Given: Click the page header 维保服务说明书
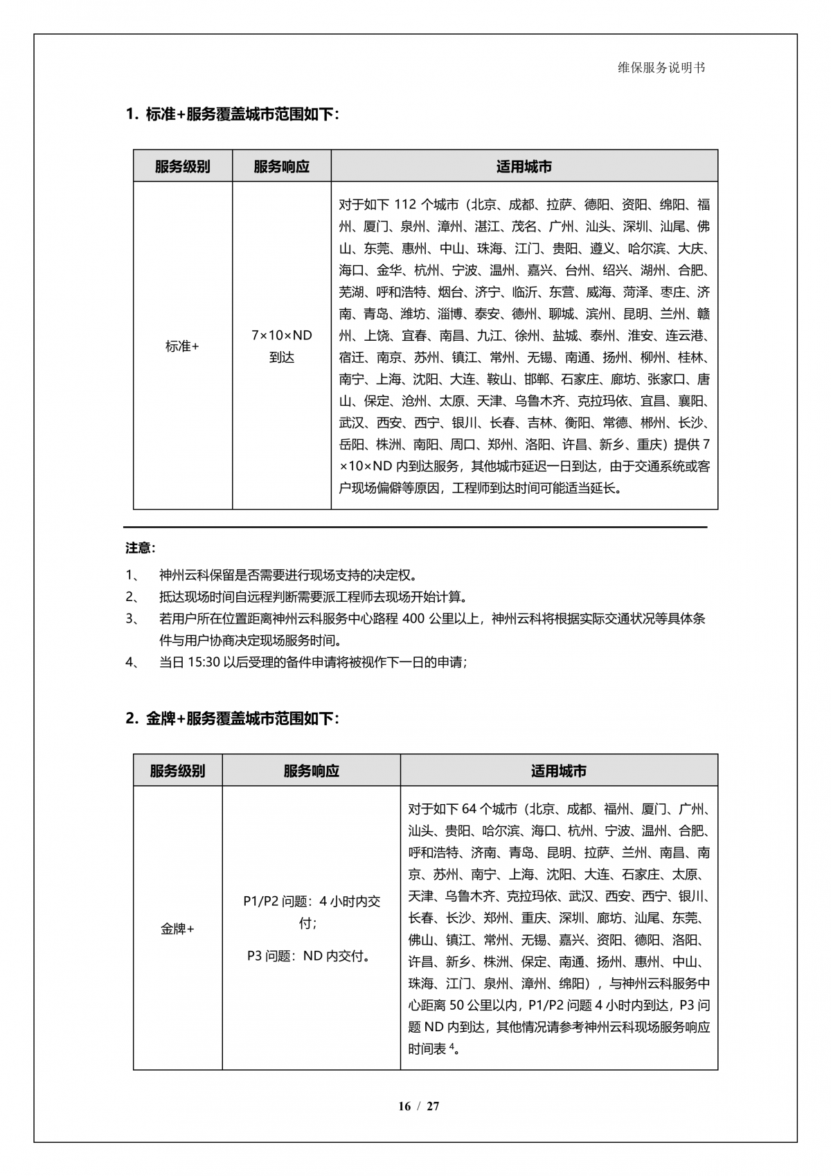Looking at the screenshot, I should tap(661, 68).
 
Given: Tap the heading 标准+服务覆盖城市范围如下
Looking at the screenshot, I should tap(233, 114).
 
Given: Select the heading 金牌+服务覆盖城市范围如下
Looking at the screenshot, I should tap(233, 718).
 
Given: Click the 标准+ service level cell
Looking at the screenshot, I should tap(182, 346).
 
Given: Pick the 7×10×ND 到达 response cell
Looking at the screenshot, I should tap(281, 346).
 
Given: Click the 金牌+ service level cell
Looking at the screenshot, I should tap(177, 929).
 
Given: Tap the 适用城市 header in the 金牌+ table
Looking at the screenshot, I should tap(558, 771).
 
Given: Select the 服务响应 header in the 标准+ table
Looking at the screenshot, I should tap(281, 166).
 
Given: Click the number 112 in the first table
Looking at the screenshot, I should tap(404, 205).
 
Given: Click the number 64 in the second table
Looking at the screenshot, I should tap(469, 809).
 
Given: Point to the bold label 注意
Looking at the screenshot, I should tap(141, 548).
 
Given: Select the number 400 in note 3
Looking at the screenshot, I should tap(413, 618).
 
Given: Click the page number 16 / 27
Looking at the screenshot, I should tap(418, 1106).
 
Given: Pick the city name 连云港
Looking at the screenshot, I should tap(688, 336).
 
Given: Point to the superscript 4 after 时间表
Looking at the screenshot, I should tap(452, 1046).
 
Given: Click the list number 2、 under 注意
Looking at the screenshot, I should tap(132, 597).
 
